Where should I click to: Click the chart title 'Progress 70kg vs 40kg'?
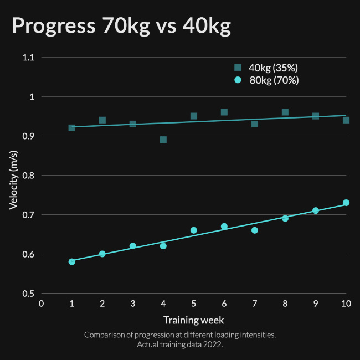coord(121,26)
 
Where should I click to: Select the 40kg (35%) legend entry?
coord(266,68)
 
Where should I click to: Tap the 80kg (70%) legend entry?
coord(266,80)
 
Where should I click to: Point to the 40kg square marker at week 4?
coord(163,140)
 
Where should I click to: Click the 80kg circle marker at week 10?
coord(346,203)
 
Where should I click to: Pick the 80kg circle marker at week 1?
coord(71,261)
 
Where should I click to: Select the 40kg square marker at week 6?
coord(224,112)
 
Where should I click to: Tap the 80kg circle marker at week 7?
coord(255,230)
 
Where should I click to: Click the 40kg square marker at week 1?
coord(71,128)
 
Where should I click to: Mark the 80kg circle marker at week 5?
coord(194,230)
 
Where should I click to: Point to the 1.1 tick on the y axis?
coord(28,58)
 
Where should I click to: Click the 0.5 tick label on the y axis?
coord(28,294)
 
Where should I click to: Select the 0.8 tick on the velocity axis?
coord(28,176)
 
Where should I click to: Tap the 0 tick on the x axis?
coord(41,304)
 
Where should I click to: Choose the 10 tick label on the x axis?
coord(346,304)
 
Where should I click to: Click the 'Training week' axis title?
coord(193,320)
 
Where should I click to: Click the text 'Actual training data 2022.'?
coord(180,344)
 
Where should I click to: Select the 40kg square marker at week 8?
coord(285,112)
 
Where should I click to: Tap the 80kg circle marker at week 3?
coord(132,246)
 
